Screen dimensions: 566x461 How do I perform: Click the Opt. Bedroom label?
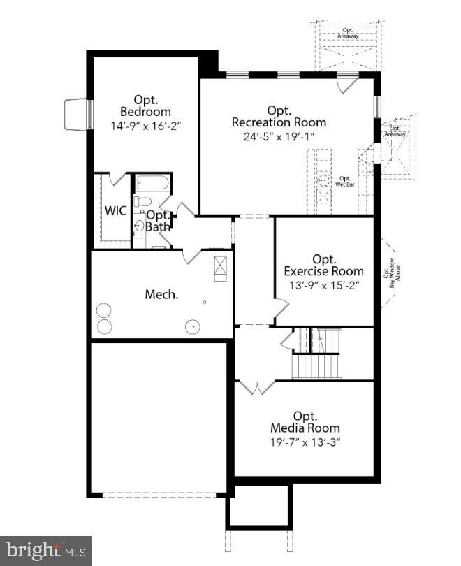pos(145,106)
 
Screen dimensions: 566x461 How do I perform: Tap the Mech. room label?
pos(161,294)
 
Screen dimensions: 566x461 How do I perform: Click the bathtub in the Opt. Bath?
pos(152,184)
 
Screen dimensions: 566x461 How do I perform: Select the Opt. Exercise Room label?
pos(323,265)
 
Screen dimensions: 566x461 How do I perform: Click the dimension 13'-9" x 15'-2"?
pos(323,285)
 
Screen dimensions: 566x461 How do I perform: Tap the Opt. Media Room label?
pos(305,421)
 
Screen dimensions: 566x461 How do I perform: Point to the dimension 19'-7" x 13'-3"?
pos(305,442)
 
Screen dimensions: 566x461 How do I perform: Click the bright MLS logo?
pos(45,550)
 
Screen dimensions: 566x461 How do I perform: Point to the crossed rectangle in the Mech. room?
pos(220,267)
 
